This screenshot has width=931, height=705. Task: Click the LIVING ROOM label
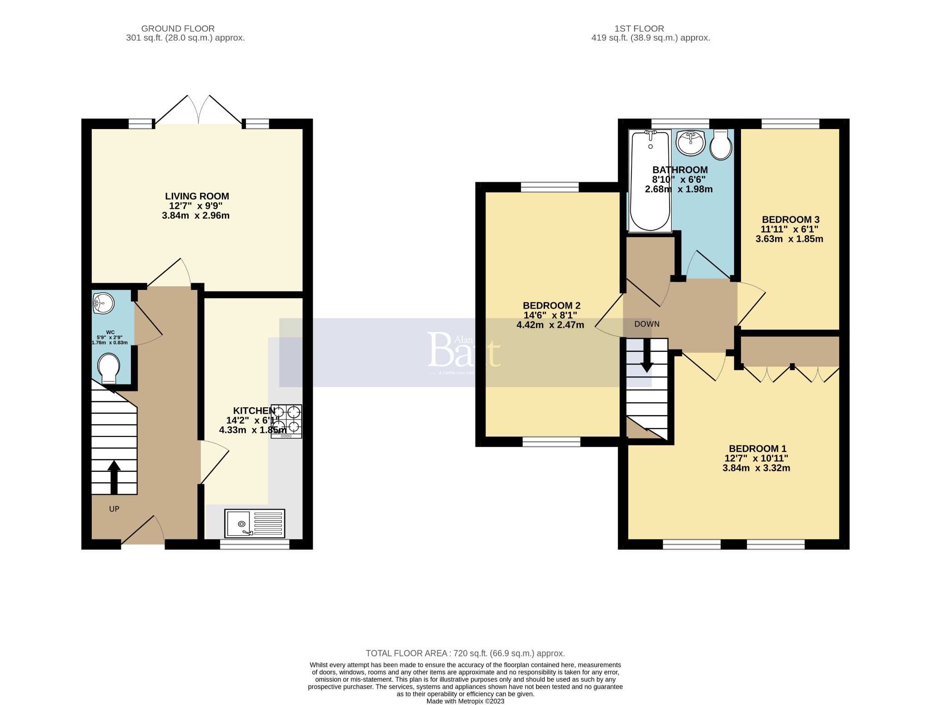pos(197,196)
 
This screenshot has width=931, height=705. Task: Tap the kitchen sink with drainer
pos(255,523)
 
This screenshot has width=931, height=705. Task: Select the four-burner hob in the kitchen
pos(286,421)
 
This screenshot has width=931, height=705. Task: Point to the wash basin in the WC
pos(103,303)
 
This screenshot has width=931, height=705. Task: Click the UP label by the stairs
pos(114,509)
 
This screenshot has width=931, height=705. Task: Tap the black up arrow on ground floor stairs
pos(114,477)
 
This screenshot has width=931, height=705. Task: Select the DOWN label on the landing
pos(647,324)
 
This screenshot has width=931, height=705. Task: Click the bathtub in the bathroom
pos(650,181)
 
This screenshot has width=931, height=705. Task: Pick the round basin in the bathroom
pos(691,143)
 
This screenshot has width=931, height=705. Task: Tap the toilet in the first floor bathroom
pos(721,144)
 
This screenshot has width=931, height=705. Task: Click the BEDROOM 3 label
pos(790,220)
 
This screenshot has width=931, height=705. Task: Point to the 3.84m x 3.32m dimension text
pos(756,468)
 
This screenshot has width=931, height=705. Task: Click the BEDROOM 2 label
pos(551,305)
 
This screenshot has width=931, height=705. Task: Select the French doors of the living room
pos(199,110)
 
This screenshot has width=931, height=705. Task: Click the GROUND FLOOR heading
pos(178,29)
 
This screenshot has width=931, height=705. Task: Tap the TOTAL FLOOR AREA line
pos(465,653)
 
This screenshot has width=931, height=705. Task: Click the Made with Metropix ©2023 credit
pos(465,701)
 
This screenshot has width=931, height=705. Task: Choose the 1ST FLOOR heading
pos(639,29)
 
